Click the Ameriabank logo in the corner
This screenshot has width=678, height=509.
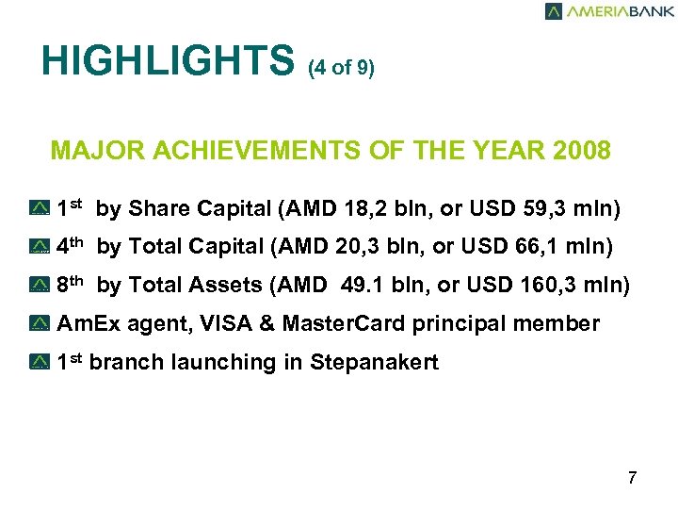[x=609, y=11]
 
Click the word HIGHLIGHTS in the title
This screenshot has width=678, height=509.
[x=169, y=62]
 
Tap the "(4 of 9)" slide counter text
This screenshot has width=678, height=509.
[x=341, y=69]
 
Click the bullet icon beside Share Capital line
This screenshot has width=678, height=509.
[x=40, y=208]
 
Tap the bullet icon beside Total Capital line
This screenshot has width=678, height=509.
[x=40, y=247]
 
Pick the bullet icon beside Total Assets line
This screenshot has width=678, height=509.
[x=40, y=286]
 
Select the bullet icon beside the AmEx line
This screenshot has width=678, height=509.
[x=40, y=324]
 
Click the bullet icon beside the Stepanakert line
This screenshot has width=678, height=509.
[x=40, y=363]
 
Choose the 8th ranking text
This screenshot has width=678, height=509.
[x=72, y=284]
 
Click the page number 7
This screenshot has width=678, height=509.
[x=632, y=478]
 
